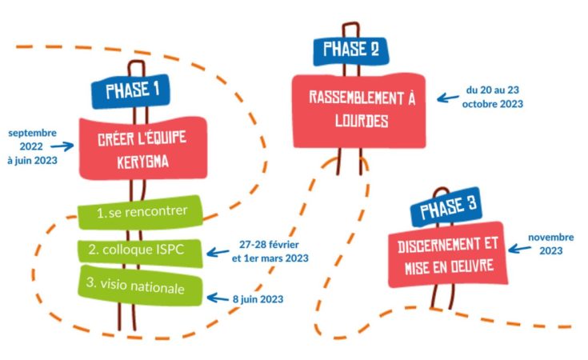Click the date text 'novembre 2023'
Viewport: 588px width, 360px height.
[551, 244]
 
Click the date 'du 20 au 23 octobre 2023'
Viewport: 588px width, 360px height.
[494, 98]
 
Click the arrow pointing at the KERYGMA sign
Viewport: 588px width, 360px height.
[61, 147]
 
